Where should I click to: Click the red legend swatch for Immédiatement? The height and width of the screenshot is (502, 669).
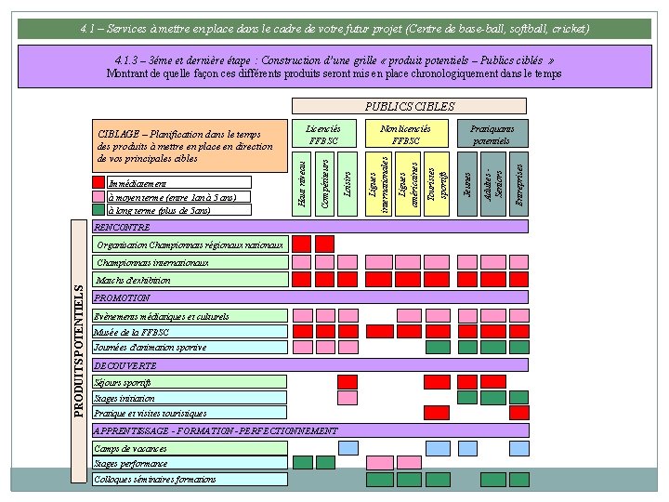99,183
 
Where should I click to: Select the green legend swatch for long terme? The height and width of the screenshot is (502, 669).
99,210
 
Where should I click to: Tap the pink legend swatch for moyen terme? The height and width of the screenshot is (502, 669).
99,197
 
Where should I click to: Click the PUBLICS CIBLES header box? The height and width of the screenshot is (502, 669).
409,106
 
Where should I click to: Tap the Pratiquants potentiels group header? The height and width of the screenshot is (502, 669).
492,134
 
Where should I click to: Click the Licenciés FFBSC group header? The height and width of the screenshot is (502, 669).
323,134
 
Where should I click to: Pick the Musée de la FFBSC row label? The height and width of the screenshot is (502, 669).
190,331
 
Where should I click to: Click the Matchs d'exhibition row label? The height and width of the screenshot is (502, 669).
190,279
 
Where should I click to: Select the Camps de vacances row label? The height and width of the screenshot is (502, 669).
190,448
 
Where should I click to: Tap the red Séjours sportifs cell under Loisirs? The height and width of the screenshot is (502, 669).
347,381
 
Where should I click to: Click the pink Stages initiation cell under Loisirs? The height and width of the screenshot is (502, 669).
347,398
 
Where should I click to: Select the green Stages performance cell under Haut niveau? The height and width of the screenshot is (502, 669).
302,462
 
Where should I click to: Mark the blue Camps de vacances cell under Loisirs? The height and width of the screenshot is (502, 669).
348,447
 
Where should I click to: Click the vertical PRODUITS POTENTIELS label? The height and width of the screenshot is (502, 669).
80,350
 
